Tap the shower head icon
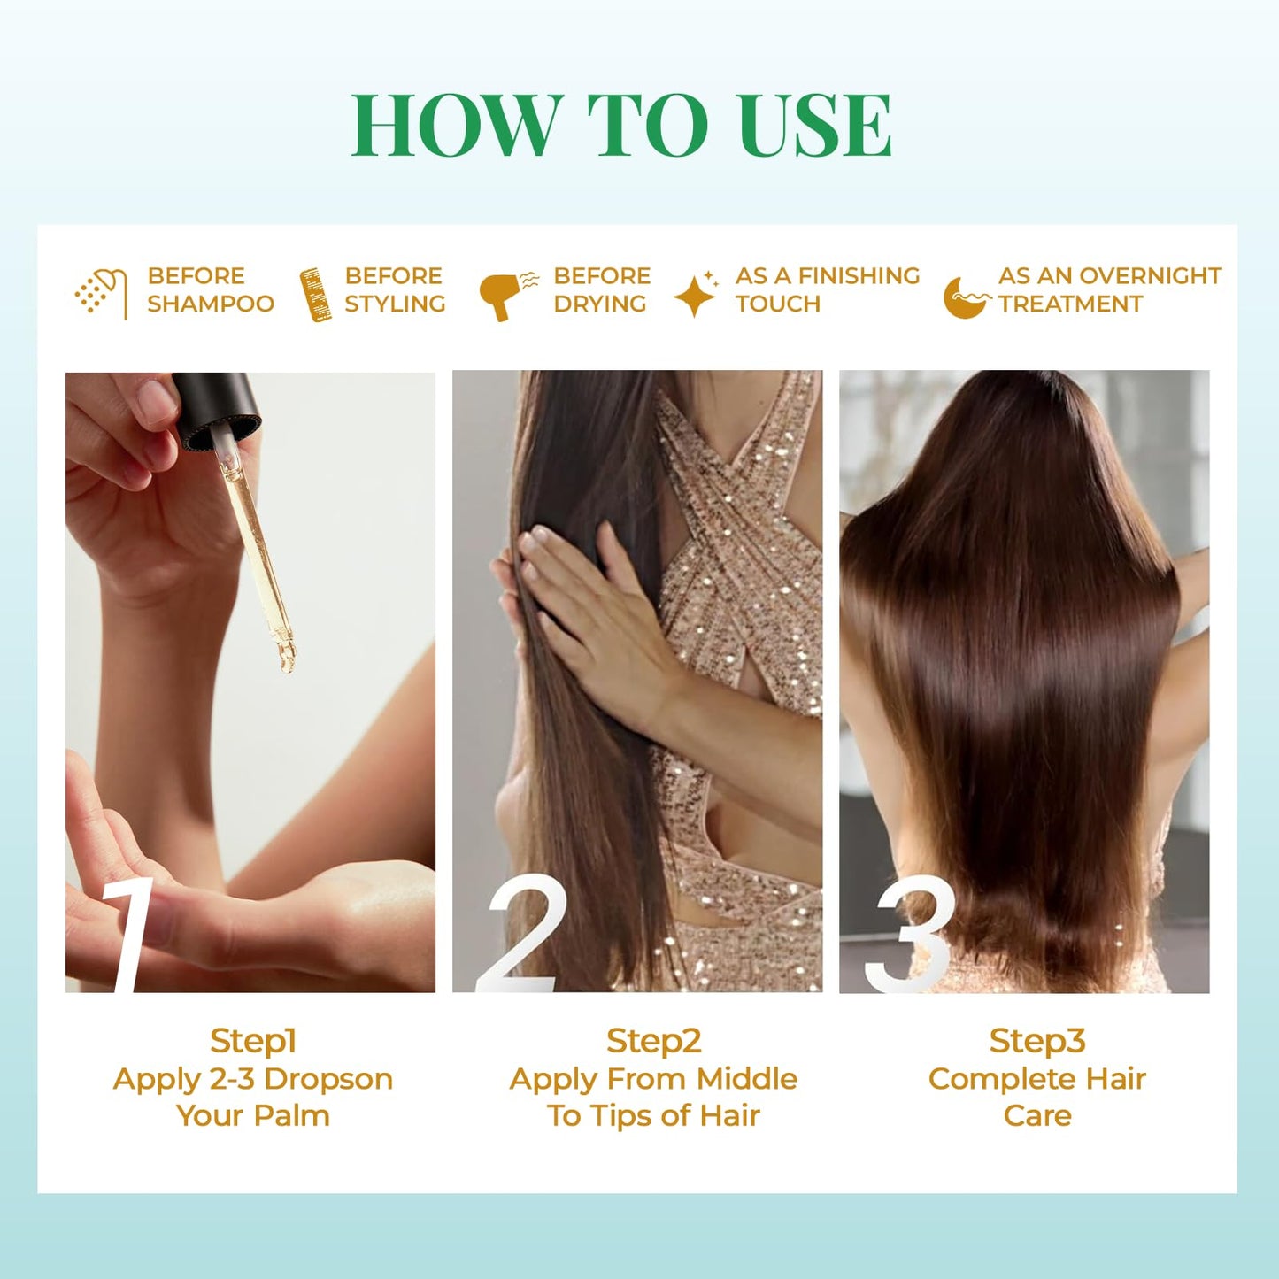pos(101,294)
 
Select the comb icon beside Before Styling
pos(315,295)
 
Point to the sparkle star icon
pos(696,294)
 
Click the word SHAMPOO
pos(211,304)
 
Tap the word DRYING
pos(600,304)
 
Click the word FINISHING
pos(859,275)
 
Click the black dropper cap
pos(217,409)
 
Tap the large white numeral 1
pos(126,936)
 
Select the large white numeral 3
pos(909,934)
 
